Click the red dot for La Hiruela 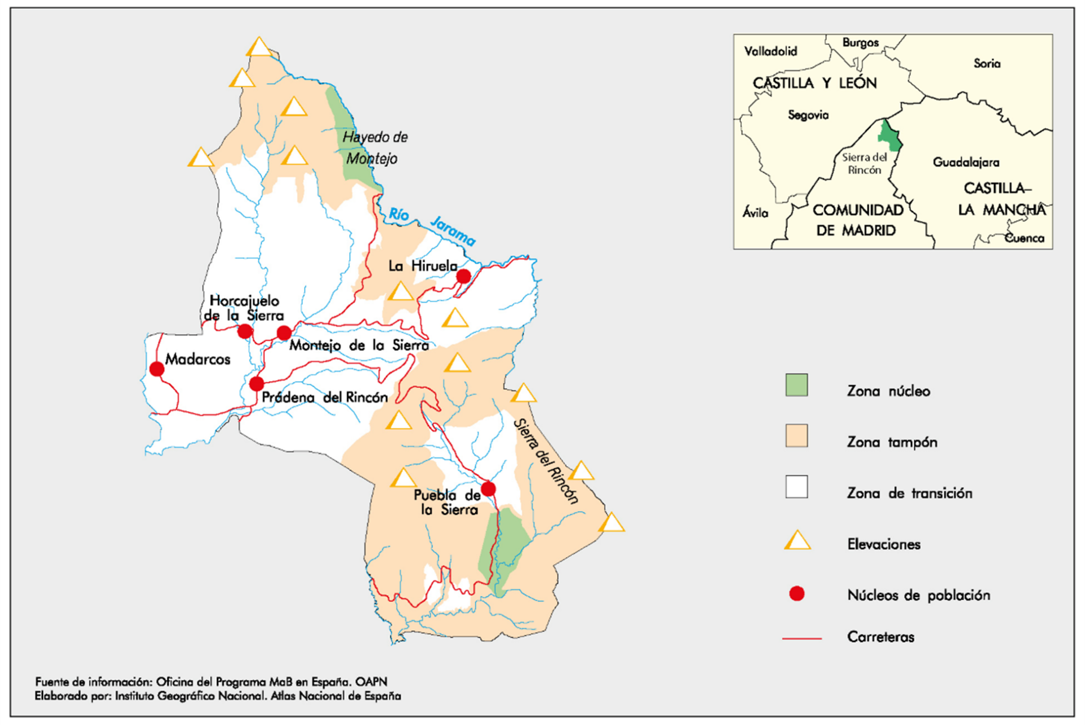(x=463, y=276)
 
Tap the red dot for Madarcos (x=157, y=369)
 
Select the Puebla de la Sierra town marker (x=488, y=488)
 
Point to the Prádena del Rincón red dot (x=257, y=384)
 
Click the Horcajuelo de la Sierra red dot (x=245, y=331)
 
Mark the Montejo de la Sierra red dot (x=284, y=333)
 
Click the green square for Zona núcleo (x=796, y=385)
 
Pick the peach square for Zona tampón (x=796, y=436)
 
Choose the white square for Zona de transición (x=796, y=487)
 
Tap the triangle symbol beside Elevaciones (x=797, y=541)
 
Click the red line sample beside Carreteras (x=801, y=638)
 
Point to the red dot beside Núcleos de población (x=797, y=593)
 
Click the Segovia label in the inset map (x=808, y=115)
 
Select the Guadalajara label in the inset (x=966, y=163)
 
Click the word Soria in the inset (x=987, y=64)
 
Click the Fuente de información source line (x=211, y=682)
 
